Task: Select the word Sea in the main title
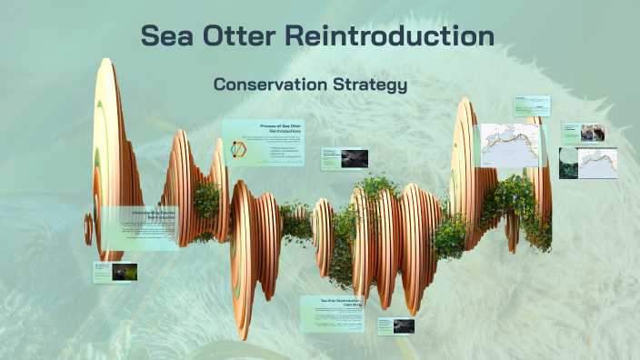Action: [166, 36]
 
